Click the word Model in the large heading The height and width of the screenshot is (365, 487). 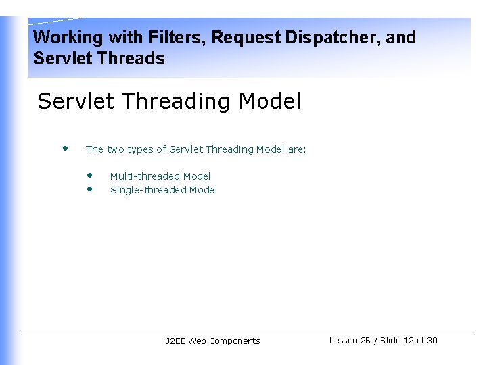click(x=270, y=101)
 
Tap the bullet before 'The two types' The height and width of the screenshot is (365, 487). click(x=65, y=147)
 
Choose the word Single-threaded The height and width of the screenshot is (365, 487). click(x=148, y=190)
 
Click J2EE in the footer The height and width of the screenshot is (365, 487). click(x=176, y=341)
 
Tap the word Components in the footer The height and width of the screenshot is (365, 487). click(x=234, y=341)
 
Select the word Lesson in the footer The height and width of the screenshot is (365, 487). click(x=344, y=341)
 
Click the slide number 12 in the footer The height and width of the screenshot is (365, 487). click(x=408, y=341)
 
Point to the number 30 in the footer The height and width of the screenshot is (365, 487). click(x=432, y=341)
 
